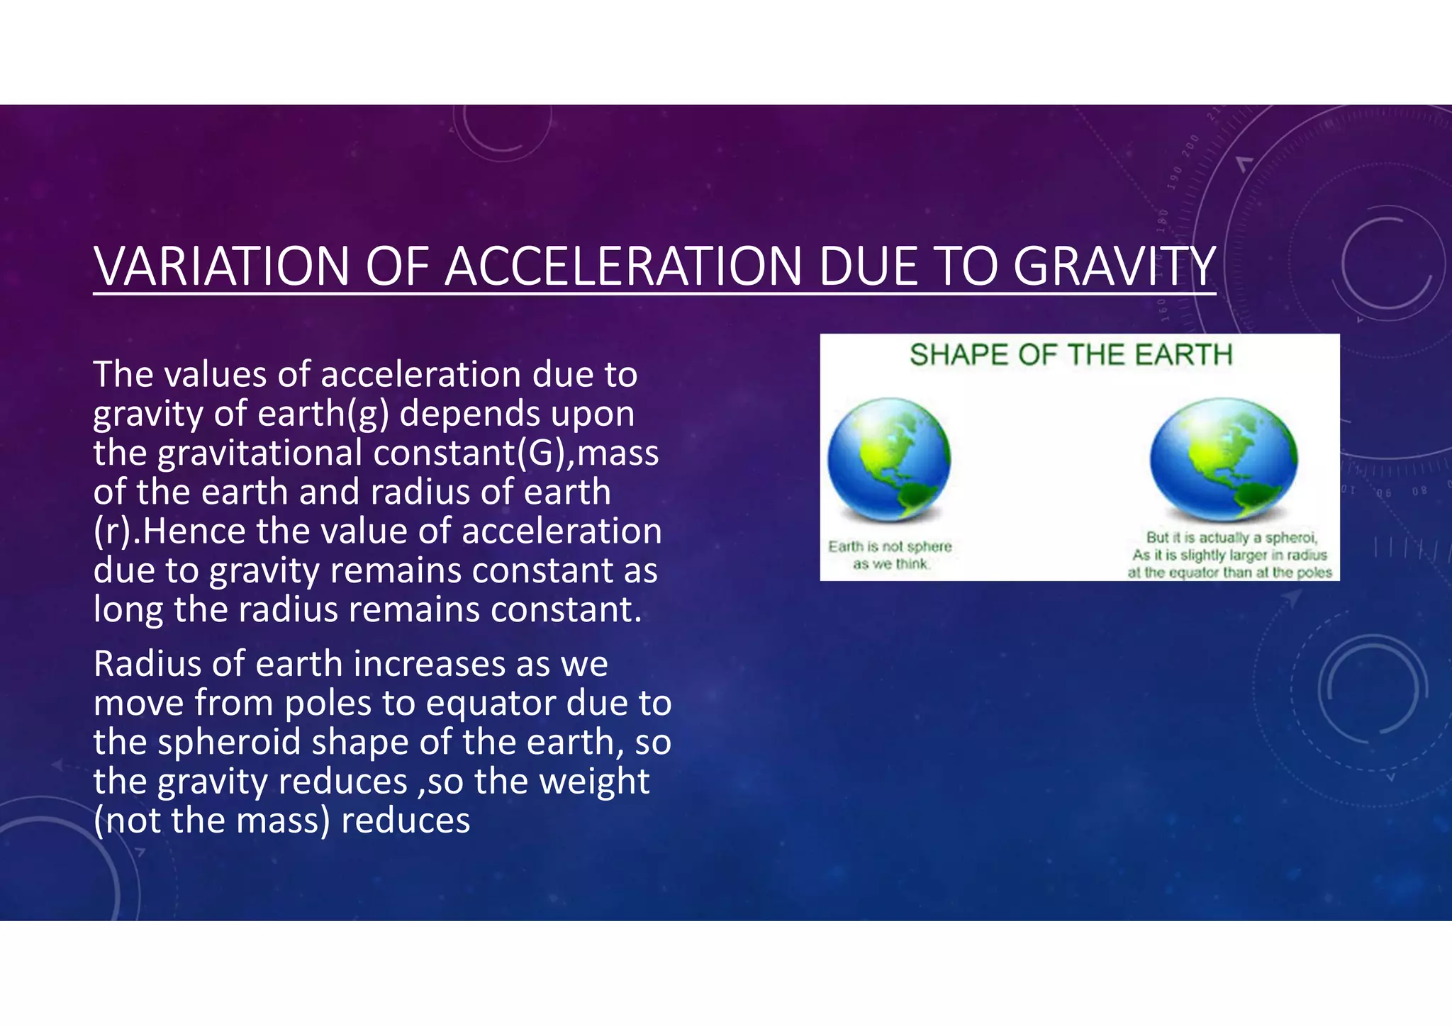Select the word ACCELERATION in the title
tap(625, 267)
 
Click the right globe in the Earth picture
tap(1224, 459)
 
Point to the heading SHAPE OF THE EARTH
tap(1071, 355)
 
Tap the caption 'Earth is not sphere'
tap(890, 546)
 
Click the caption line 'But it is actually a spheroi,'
tap(1232, 538)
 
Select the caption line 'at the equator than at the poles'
tap(1230, 573)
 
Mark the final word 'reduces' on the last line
tap(406, 821)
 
